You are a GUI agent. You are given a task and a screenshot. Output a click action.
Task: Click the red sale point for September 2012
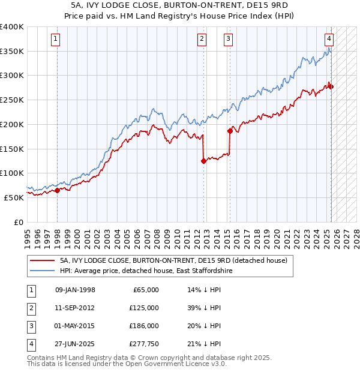point(204,160)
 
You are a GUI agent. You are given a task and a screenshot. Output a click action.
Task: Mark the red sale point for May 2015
point(230,130)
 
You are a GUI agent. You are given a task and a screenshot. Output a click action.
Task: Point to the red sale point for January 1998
point(57,190)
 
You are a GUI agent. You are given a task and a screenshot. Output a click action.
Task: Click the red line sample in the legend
point(41,261)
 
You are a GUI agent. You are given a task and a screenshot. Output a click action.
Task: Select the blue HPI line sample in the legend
point(41,271)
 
